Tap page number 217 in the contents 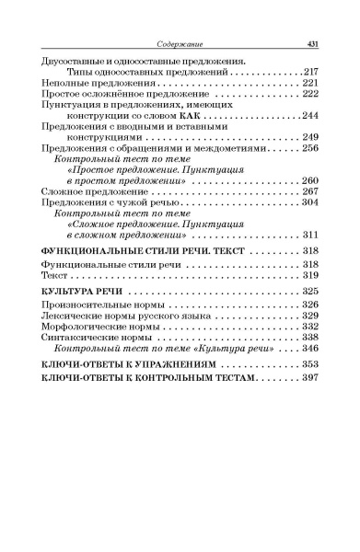tap(310, 71)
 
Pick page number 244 tap(310, 119)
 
